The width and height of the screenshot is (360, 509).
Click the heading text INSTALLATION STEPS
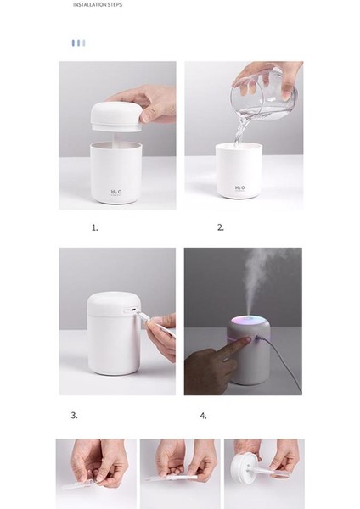pyautogui.click(x=98, y=4)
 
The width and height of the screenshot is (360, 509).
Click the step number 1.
pyautogui.click(x=95, y=227)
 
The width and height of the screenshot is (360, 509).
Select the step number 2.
pyautogui.click(x=221, y=227)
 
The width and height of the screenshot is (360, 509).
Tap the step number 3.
pyautogui.click(x=74, y=416)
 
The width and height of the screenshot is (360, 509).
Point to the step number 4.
pyautogui.click(x=203, y=416)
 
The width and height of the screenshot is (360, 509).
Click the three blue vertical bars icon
pyautogui.click(x=78, y=42)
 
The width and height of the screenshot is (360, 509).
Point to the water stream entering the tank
pyautogui.click(x=242, y=131)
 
